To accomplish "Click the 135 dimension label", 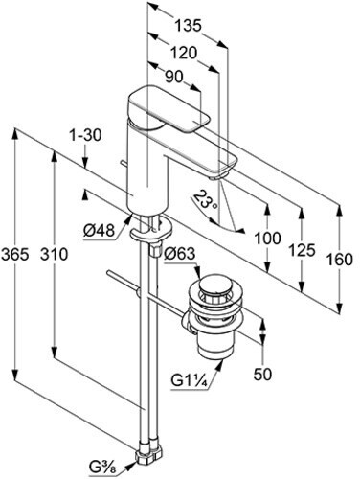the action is (x=189, y=26).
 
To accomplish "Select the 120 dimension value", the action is (x=183, y=52).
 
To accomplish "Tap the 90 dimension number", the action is (x=174, y=77).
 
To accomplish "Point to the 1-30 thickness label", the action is (x=85, y=135).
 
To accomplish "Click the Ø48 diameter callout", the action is (x=99, y=230).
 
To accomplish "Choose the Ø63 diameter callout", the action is (x=179, y=254).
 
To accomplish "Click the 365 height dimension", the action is (x=15, y=255).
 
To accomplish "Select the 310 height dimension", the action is (x=55, y=255).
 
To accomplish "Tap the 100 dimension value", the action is (x=267, y=239).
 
